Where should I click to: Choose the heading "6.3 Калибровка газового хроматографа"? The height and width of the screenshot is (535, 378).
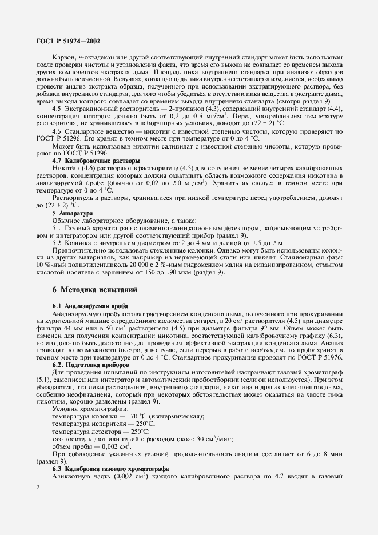click(109, 469)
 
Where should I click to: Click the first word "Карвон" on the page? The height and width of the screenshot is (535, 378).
click(64, 58)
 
